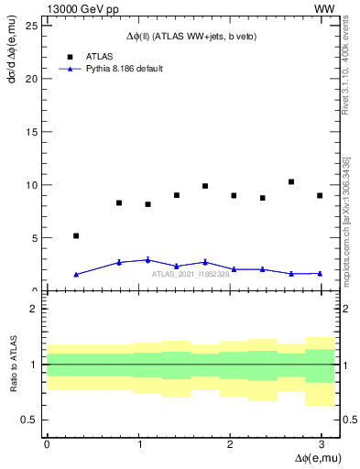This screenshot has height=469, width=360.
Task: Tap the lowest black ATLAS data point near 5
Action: [76, 235]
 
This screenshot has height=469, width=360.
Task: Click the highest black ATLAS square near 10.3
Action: [291, 181]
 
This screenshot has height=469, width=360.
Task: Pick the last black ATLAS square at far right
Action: [320, 195]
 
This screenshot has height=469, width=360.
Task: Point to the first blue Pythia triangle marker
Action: [76, 274]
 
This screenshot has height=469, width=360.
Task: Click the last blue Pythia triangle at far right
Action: [320, 273]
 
